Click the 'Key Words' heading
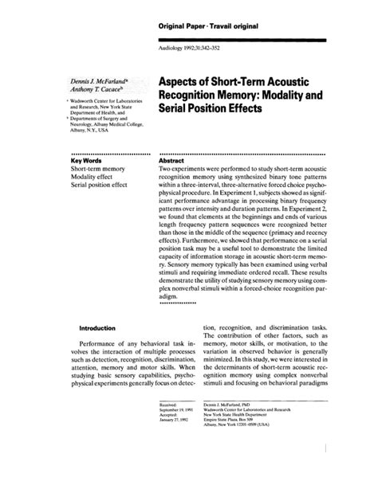(89, 160)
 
